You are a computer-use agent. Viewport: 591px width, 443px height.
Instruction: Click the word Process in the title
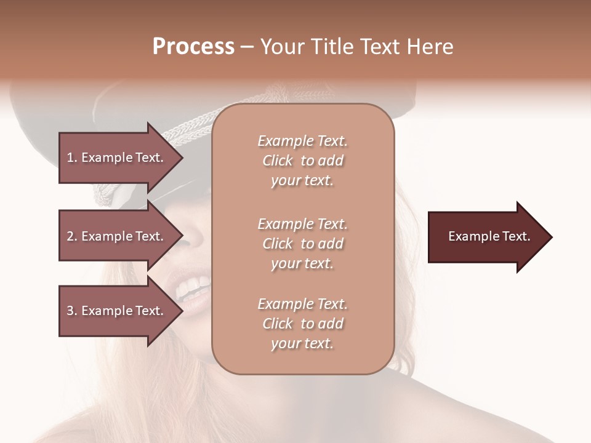(x=193, y=47)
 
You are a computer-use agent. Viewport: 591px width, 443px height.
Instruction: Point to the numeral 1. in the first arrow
(x=71, y=158)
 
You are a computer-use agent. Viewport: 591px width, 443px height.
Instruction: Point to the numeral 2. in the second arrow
(x=71, y=236)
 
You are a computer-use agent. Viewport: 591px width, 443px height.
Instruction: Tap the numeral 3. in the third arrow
(x=71, y=311)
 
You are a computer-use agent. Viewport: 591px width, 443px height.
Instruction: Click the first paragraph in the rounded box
(x=302, y=161)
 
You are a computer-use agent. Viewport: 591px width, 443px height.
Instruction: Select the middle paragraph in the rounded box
(x=302, y=244)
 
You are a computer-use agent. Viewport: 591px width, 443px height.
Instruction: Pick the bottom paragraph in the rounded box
(x=302, y=324)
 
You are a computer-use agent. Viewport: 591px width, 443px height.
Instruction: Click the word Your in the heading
(x=282, y=47)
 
